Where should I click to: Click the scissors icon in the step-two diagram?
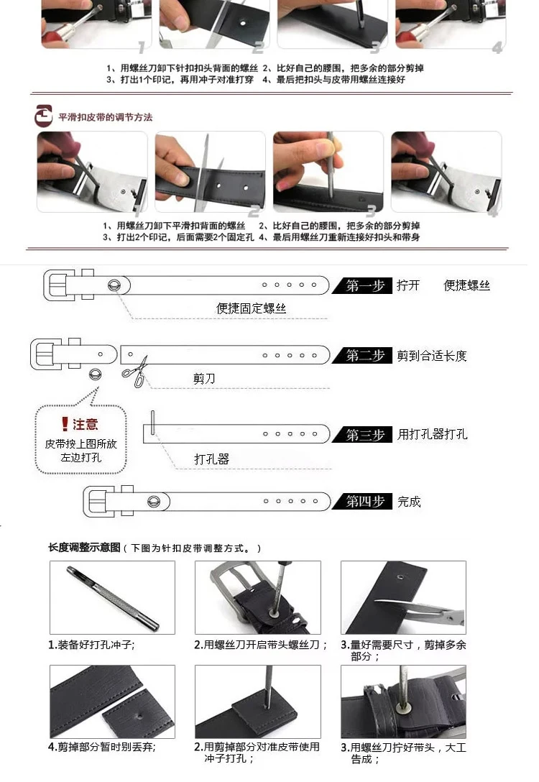[x=135, y=372]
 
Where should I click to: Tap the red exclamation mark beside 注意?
[x=65, y=424]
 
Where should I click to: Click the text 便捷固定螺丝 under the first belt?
[x=251, y=308]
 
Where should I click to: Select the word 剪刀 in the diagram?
[x=204, y=379]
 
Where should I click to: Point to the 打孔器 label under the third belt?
[x=211, y=459]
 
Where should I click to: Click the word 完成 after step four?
[x=409, y=502]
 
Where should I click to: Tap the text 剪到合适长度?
[x=432, y=356]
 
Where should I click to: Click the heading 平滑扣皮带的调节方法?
[x=105, y=117]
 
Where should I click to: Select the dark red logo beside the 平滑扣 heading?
[x=43, y=116]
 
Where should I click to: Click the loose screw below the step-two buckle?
[x=95, y=374]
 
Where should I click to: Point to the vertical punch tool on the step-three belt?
[x=152, y=422]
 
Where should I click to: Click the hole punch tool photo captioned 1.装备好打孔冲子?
[x=112, y=597]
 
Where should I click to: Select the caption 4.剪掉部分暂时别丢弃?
[x=102, y=747]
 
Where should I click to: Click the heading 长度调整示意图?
[x=84, y=548]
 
